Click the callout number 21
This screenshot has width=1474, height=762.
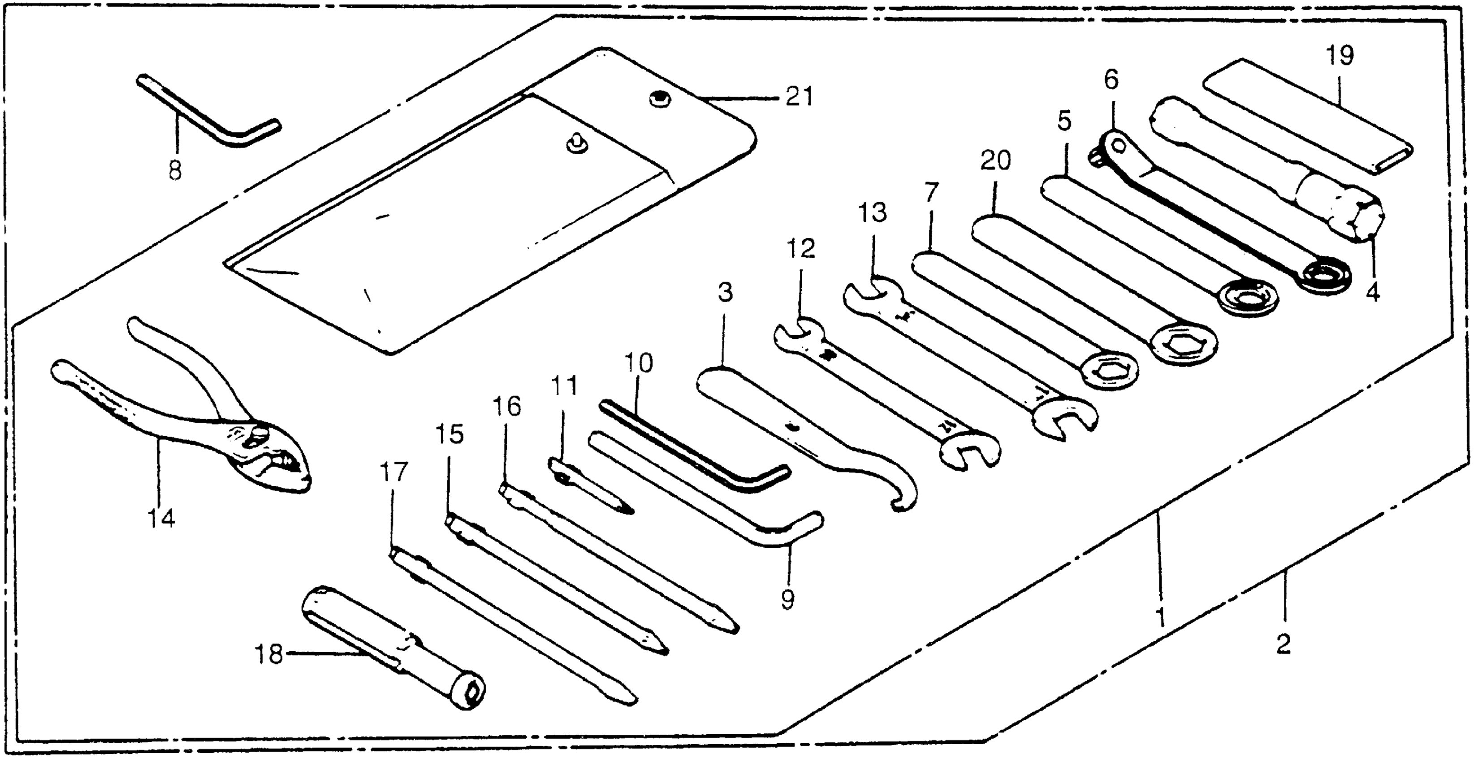799,97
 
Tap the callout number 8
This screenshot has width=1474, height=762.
175,170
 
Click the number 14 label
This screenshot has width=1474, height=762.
161,518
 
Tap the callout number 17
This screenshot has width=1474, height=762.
394,472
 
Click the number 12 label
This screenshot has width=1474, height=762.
800,249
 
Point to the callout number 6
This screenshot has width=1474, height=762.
1110,81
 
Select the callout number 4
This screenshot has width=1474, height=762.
1373,293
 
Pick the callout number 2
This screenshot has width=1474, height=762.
1284,645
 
